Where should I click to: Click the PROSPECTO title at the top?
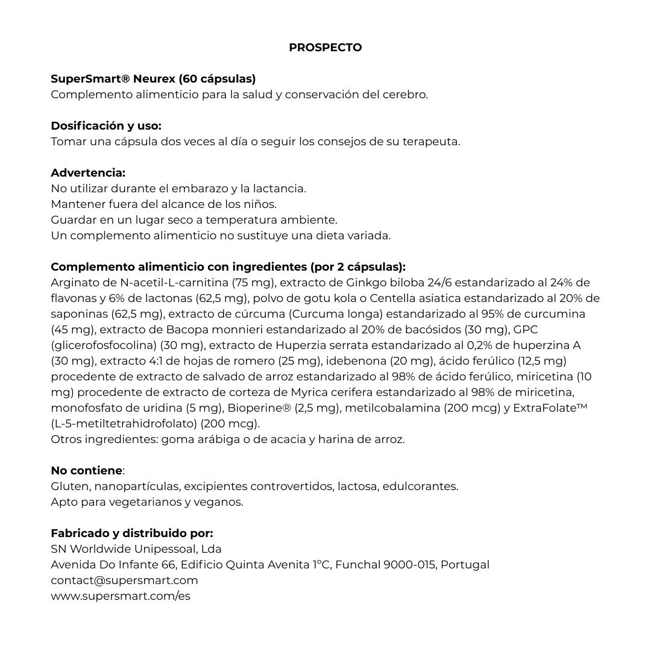coord(325,48)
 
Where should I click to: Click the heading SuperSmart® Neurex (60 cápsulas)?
coord(153,79)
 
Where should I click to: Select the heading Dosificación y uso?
coord(106,126)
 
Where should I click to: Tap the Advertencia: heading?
coord(88,173)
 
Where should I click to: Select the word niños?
coord(260,204)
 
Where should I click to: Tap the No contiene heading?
coord(87,471)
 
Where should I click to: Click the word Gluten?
coord(69,486)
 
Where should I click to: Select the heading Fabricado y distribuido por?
coord(132,533)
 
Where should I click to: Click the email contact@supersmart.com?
coord(124,580)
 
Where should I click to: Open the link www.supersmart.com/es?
coord(121,596)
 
